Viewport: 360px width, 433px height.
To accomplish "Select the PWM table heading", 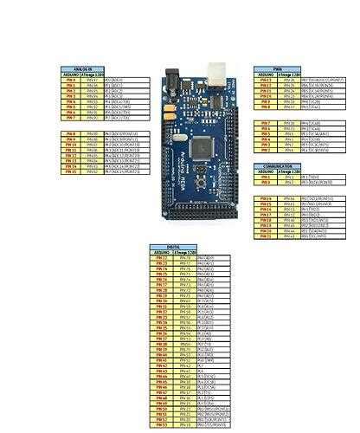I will coord(277,68).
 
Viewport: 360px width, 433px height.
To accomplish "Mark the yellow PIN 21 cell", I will coord(267,236).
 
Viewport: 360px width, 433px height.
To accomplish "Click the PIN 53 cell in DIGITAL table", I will coord(160,425).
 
